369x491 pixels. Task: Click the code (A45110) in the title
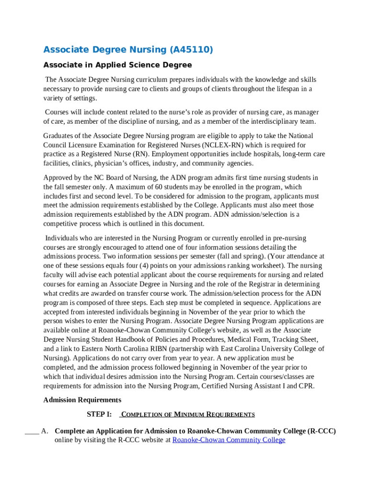(x=191, y=50)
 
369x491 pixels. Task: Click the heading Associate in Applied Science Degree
(x=117, y=65)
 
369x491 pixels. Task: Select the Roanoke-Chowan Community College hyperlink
(x=229, y=440)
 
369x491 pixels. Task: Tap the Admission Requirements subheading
(x=82, y=400)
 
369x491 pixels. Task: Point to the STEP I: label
(x=99, y=414)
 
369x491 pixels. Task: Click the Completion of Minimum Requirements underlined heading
(x=188, y=414)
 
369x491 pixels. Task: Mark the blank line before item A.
(x=32, y=431)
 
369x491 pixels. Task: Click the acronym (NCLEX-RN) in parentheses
(x=217, y=145)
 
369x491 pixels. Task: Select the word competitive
(x=62, y=224)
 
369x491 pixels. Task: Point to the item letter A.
(x=45, y=431)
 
